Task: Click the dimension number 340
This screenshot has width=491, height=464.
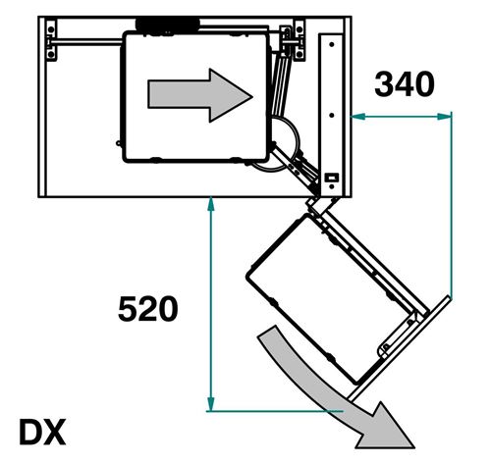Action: [x=405, y=84]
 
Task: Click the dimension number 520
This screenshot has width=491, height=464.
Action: [x=148, y=309]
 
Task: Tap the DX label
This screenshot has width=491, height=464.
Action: [x=42, y=432]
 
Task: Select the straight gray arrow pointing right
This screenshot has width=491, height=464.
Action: [x=200, y=95]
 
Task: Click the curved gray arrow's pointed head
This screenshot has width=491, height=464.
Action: [x=386, y=429]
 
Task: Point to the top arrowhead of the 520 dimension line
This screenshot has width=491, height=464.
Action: [x=211, y=204]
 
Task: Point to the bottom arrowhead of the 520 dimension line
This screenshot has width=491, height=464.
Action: [x=211, y=403]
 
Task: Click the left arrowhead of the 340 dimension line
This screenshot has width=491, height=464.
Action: [x=358, y=116]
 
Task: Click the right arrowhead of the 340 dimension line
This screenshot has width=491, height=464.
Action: [x=444, y=116]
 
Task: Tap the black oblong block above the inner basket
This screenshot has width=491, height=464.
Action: [x=168, y=25]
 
